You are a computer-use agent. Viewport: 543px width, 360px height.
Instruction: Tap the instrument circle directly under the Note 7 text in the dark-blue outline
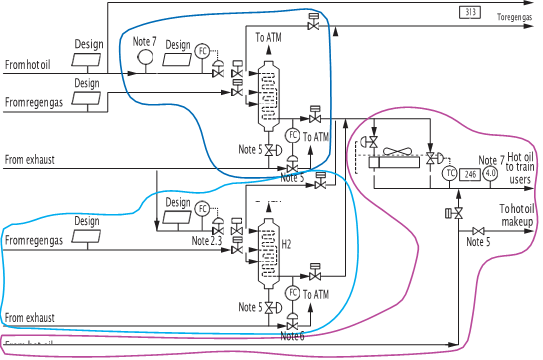point(146,59)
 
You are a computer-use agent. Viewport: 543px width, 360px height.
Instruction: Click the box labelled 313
point(470,11)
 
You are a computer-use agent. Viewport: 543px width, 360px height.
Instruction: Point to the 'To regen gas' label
point(515,17)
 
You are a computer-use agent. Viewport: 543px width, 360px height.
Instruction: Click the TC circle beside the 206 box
point(449,173)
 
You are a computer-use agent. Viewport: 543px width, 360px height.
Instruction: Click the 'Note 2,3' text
point(207,241)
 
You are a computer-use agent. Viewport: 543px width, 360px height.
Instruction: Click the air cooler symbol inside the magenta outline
point(398,153)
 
